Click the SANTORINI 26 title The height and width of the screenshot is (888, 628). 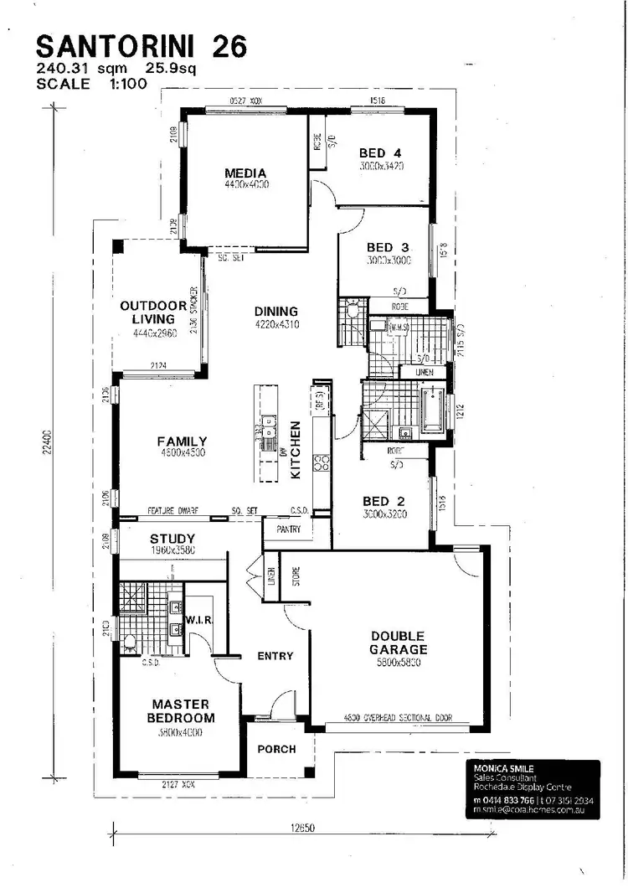pyautogui.click(x=142, y=48)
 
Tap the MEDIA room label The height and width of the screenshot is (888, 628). pyautogui.click(x=245, y=173)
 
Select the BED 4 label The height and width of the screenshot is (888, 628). pyautogui.click(x=381, y=153)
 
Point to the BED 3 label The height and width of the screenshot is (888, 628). pyautogui.click(x=388, y=247)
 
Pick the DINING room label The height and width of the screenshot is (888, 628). pyautogui.click(x=276, y=312)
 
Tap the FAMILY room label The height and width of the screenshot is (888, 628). pyautogui.click(x=182, y=441)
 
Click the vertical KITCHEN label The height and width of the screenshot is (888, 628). pyautogui.click(x=295, y=450)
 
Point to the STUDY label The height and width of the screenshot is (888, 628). pyautogui.click(x=172, y=539)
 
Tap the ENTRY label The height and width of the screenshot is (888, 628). pyautogui.click(x=275, y=656)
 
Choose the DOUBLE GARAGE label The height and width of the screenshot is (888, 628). pyautogui.click(x=399, y=643)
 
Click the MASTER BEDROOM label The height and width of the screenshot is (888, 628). pyautogui.click(x=180, y=710)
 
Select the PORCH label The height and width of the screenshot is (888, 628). pyautogui.click(x=276, y=748)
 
